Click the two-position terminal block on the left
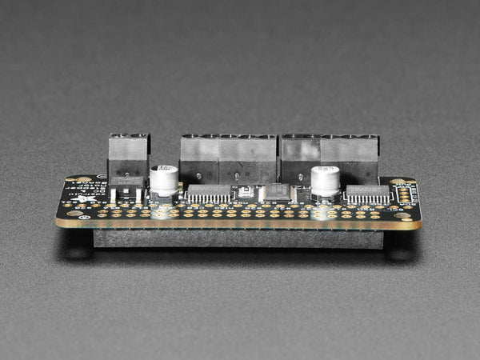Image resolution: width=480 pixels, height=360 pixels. point(129,160)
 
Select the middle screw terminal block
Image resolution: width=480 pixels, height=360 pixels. point(228,158)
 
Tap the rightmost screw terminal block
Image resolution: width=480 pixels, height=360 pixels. point(329,158)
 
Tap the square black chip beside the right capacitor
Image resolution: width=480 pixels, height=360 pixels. point(278,191)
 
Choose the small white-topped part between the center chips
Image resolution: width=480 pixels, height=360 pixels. point(246,192)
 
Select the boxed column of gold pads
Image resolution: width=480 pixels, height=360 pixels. point(404,194)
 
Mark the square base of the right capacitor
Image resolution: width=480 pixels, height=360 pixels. point(326,194)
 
